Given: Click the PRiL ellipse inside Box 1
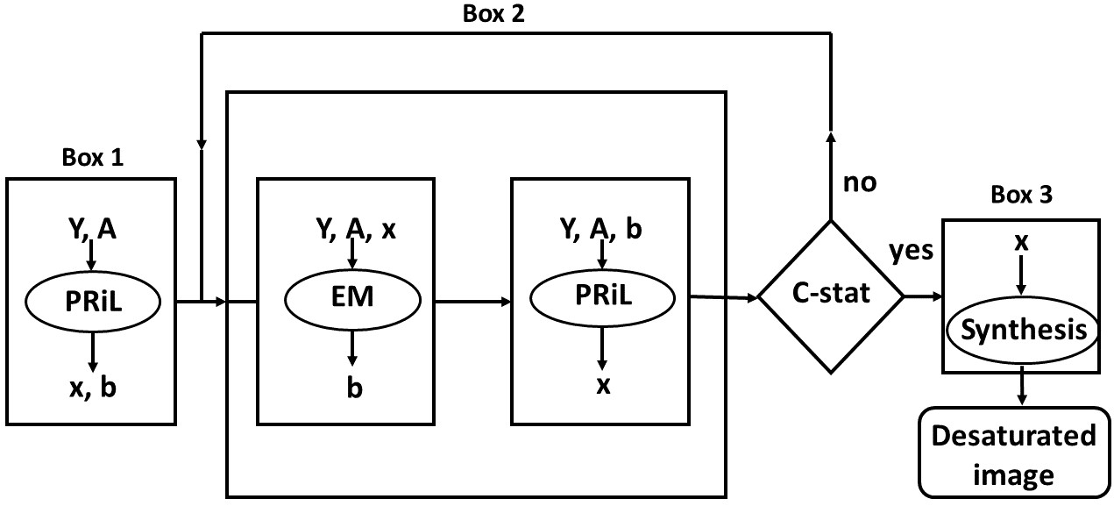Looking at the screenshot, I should (90, 302).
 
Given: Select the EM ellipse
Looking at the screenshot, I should (351, 298).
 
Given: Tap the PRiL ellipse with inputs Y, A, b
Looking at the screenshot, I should (602, 297).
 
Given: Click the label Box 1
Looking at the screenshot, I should (93, 159).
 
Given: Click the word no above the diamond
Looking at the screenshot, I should (859, 183).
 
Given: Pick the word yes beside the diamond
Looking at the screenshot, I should (912, 253).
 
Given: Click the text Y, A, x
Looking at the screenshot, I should (355, 229).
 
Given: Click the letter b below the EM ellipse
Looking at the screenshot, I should (352, 385).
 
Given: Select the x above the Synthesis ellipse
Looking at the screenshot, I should (1020, 243).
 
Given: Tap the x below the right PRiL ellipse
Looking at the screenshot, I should (602, 385).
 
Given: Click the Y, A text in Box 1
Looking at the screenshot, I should (90, 230).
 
